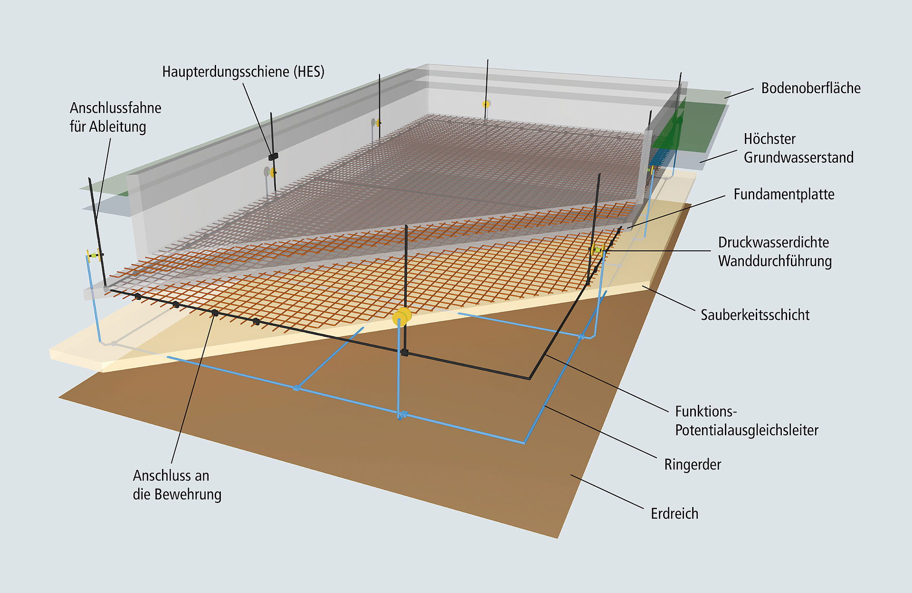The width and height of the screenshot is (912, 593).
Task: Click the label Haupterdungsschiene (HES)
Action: tap(243, 72)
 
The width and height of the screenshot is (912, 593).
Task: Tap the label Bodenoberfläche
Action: tap(811, 88)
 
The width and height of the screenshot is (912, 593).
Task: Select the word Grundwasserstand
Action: tap(798, 157)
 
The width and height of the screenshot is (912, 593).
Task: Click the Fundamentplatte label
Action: tap(784, 194)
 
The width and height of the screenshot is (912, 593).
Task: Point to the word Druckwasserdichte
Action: tap(773, 242)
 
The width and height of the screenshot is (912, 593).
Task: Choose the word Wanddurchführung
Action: tap(775, 261)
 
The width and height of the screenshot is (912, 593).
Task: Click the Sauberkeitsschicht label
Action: tap(755, 315)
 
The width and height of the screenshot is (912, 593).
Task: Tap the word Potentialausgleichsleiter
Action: tap(747, 430)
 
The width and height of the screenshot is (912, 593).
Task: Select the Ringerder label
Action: tap(693, 465)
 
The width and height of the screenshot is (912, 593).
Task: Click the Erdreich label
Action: tap(674, 514)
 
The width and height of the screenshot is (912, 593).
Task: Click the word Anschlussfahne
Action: tap(115, 108)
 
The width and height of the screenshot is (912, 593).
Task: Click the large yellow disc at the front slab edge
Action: tap(402, 317)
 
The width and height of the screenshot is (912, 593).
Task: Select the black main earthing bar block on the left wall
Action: tap(273, 156)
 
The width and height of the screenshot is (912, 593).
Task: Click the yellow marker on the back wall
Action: tap(486, 104)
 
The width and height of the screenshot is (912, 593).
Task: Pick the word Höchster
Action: tap(769, 139)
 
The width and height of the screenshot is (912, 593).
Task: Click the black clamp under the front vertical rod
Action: tap(404, 353)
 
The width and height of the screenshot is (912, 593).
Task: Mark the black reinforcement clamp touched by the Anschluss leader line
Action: tap(215, 313)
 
